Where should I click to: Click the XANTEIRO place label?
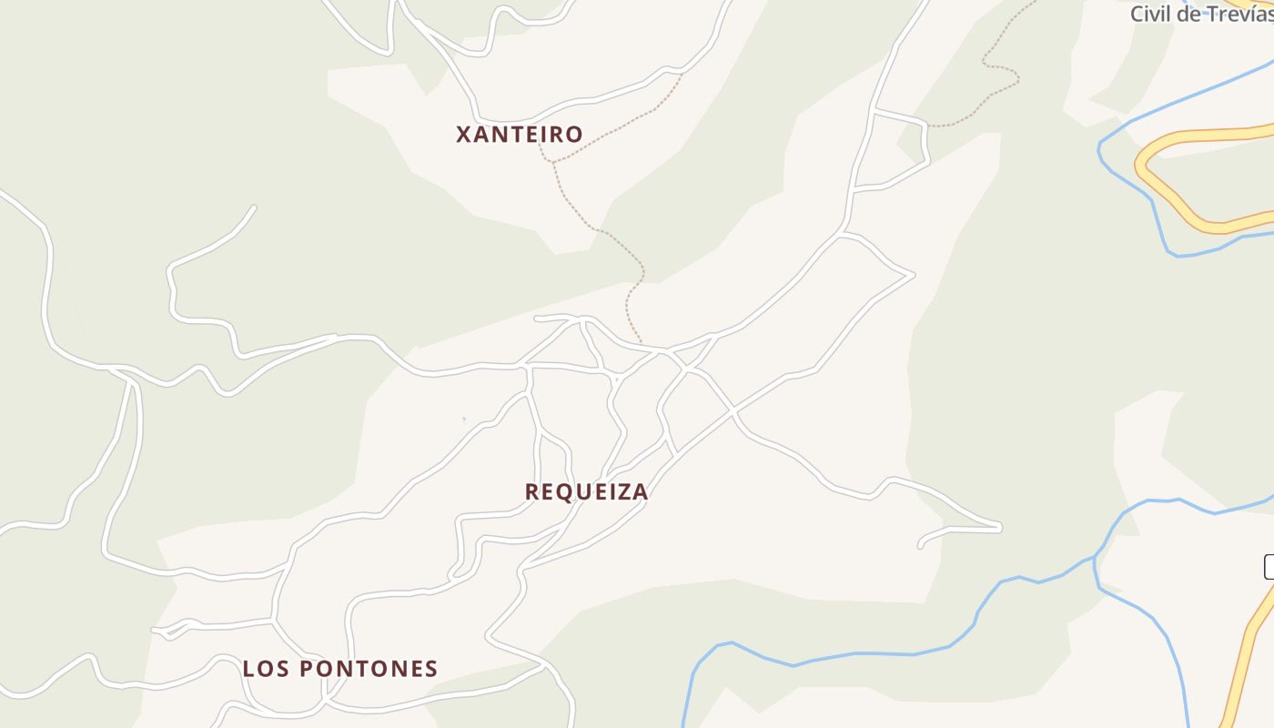pos(519,135)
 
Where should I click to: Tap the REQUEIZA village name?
pos(586,492)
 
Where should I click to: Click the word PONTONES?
pos(369,669)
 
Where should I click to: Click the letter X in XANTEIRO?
pos(463,135)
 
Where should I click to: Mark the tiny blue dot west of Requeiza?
pos(463,420)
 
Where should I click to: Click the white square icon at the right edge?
pos(1269,567)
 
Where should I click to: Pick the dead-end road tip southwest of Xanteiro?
pos(253,207)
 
